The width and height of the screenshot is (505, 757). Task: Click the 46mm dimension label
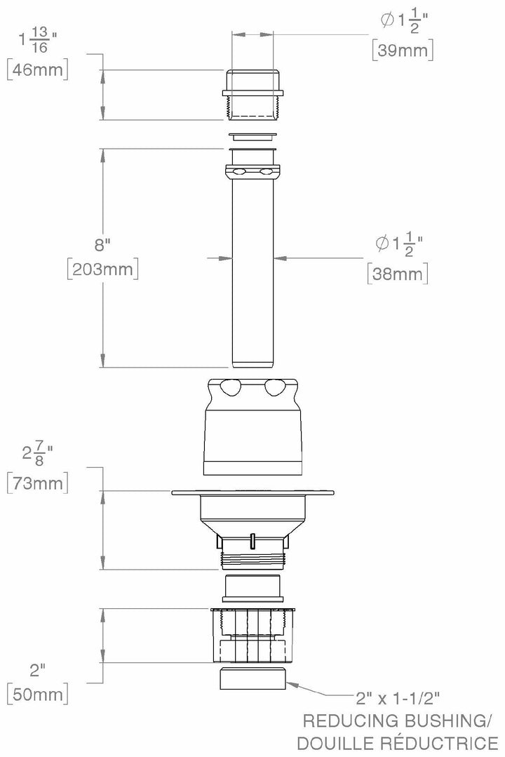[36, 71]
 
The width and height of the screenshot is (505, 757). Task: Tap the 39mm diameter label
[402, 50]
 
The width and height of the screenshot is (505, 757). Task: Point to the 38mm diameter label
[398, 274]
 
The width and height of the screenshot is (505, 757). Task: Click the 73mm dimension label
[36, 483]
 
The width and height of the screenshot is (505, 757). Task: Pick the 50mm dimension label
[36, 695]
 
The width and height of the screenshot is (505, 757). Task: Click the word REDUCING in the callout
[347, 721]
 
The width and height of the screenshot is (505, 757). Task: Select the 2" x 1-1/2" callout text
[398, 698]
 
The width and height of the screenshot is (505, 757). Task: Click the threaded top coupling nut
[252, 94]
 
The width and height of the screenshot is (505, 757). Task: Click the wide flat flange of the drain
[252, 493]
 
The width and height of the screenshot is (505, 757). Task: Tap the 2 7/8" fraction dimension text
[36, 455]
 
